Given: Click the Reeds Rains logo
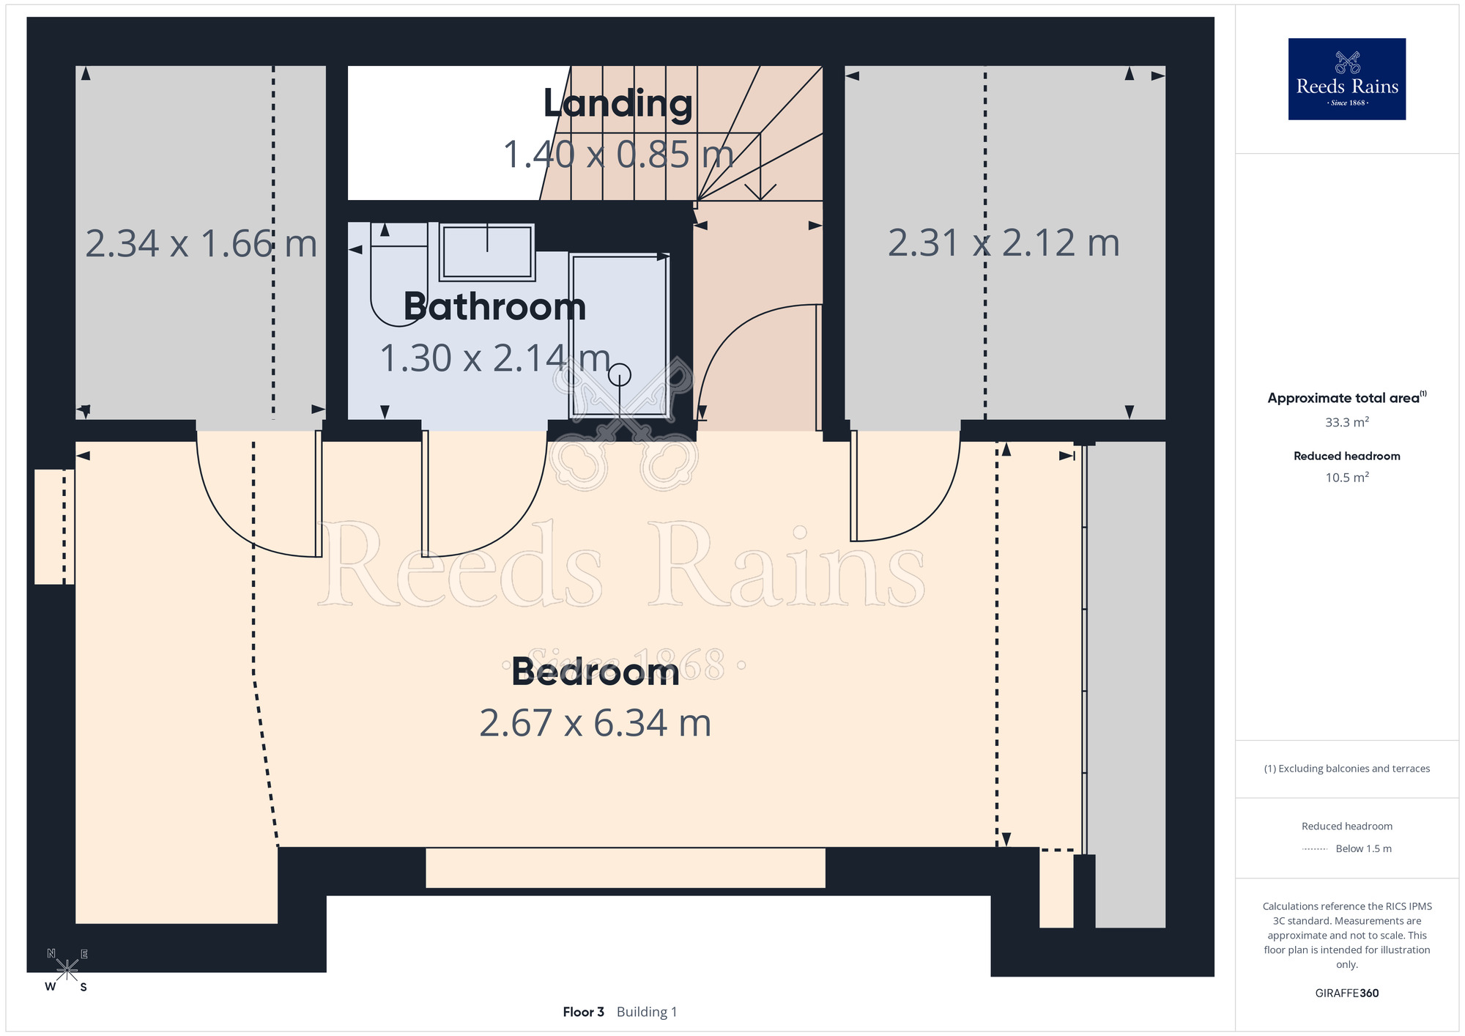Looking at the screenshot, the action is (1347, 79).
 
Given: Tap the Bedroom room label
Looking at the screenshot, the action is (596, 671).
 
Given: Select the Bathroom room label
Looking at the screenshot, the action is (494, 306).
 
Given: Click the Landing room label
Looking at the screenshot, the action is (617, 103).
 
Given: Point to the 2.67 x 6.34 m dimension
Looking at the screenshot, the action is (596, 723).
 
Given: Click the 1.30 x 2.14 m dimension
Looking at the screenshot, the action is (495, 358).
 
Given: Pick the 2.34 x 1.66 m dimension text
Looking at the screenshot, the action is (201, 243).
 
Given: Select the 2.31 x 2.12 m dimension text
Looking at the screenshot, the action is (1004, 243).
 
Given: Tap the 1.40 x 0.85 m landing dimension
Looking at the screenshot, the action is (618, 155).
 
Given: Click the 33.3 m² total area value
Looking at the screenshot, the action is (1347, 422).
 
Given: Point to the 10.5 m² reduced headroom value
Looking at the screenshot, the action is (1347, 477).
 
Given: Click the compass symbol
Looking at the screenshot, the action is (67, 970).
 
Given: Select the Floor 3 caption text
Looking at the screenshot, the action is (583, 1012).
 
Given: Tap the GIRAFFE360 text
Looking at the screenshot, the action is (1347, 994).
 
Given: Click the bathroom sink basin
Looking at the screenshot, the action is (487, 252).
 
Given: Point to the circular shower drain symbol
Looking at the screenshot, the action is (620, 374).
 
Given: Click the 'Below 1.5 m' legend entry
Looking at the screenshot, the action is (1363, 848).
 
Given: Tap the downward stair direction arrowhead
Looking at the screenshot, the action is (761, 193).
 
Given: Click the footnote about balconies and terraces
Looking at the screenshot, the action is (1347, 769).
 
